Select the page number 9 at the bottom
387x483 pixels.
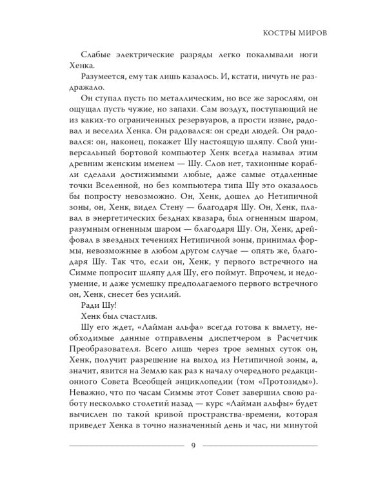(x=193, y=447)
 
